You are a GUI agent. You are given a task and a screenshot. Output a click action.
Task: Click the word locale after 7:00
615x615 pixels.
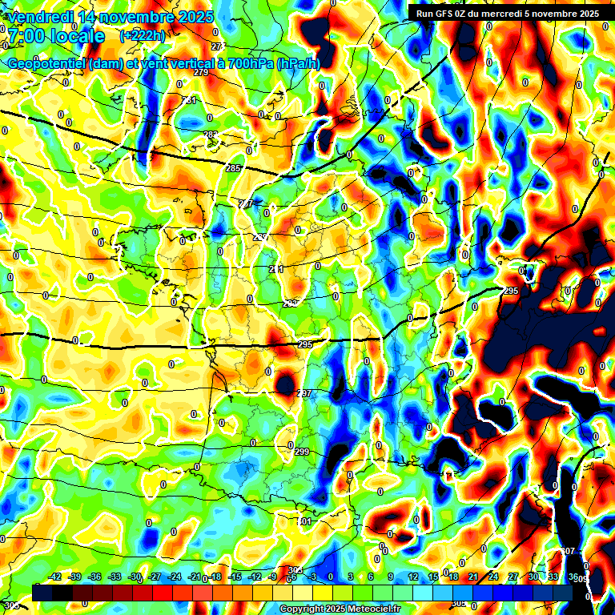78,36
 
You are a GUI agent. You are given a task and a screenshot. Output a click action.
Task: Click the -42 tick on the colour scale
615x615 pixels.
55,577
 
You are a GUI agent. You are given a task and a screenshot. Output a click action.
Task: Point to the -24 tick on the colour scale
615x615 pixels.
174,577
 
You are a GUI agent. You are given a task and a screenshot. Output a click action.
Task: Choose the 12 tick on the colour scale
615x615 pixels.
413,577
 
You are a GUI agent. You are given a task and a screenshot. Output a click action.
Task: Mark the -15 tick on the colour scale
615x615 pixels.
235,577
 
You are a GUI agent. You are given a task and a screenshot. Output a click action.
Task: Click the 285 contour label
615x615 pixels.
233,168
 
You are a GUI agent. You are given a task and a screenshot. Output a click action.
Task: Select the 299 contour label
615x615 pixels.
302,452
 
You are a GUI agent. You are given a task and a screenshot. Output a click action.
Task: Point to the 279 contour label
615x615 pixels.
201,73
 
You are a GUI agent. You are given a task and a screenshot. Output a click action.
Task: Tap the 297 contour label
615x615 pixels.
304,393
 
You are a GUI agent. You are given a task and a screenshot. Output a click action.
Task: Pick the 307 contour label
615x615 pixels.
568,551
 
